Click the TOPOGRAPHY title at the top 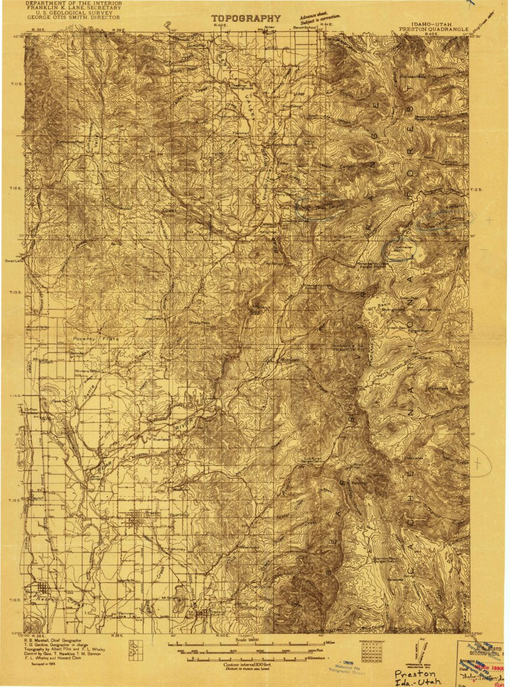point(245,18)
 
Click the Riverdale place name point(163,438)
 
